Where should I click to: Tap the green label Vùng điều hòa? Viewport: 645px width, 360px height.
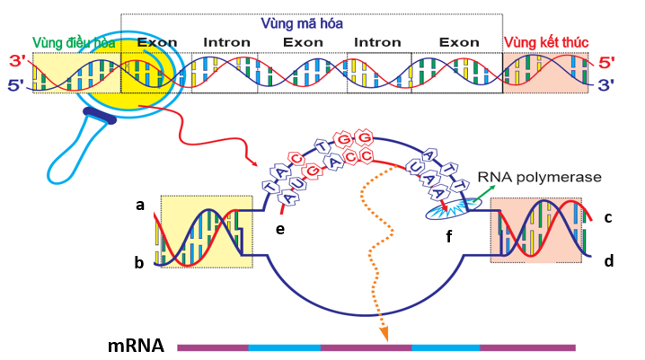75,42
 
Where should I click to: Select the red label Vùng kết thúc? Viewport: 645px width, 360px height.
545,42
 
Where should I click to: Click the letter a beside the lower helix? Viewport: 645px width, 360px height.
140,206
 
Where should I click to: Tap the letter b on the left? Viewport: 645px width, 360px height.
140,263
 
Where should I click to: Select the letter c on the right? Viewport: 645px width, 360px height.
608,217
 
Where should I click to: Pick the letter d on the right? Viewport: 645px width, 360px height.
608,262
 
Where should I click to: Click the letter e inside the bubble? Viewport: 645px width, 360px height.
281,230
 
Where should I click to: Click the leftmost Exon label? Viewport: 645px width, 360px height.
157,42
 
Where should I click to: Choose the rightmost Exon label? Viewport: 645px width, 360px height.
459,42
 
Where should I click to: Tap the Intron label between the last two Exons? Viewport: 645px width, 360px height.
377,42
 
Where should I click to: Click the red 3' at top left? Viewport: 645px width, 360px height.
16,61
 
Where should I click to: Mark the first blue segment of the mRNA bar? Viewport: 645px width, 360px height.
284,347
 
